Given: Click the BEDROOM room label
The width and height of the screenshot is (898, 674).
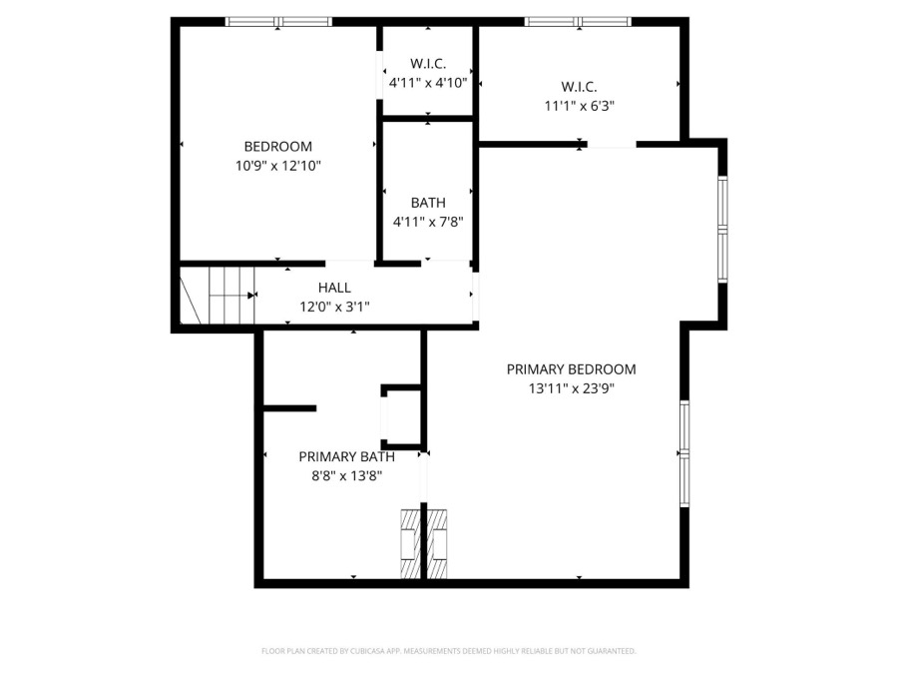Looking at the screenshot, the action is (277, 147).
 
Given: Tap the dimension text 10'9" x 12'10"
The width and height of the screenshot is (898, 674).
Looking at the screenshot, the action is (277, 166).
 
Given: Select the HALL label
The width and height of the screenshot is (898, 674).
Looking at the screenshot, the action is (334, 288).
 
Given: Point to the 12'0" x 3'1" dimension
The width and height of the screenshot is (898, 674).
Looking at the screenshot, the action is (334, 307).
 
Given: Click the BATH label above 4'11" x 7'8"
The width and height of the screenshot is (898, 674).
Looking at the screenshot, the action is (428, 203).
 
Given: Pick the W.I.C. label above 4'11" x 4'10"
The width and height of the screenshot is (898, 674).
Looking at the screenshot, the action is (428, 64).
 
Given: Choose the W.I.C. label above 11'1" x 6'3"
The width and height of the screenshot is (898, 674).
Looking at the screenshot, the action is (579, 87).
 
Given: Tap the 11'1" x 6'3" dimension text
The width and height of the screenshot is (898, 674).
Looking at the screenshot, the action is (579, 106).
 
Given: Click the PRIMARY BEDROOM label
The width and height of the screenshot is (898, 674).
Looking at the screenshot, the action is (571, 369).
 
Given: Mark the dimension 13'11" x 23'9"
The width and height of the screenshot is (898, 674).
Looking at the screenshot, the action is (571, 388).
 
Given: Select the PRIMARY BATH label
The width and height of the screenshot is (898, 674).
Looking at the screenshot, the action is (346, 456).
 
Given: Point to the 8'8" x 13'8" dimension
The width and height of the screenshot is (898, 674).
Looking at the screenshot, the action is (346, 476).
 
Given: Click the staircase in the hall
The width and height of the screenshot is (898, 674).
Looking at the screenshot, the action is (218, 296).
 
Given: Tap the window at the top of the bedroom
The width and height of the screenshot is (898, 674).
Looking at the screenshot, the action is (278, 22).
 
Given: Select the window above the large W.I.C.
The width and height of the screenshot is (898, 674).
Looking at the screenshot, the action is (578, 22).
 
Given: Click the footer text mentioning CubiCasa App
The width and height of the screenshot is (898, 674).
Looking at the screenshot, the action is (449, 651).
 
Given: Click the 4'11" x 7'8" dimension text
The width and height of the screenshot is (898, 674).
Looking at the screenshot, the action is (428, 222).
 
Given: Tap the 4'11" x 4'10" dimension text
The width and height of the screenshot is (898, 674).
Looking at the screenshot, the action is (428, 83).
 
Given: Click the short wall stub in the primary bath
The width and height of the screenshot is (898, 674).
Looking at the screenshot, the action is (289, 408).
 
